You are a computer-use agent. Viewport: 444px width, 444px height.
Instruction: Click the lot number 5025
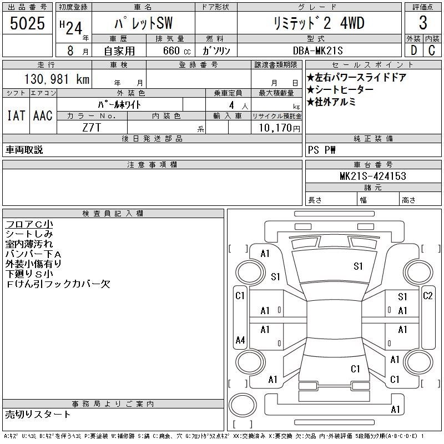tap(27, 23)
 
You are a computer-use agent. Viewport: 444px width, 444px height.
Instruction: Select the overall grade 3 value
tap(423, 23)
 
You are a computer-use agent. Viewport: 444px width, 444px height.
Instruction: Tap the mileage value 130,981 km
tap(57, 79)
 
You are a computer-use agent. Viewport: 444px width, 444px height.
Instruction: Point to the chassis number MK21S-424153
tap(373, 176)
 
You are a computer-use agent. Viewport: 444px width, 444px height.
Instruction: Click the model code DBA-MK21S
tap(317, 51)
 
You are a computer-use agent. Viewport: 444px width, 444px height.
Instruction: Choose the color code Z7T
tap(92, 128)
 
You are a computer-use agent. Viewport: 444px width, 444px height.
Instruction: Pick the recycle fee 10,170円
tap(280, 128)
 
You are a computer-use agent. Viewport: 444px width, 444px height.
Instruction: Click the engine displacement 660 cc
tap(176, 51)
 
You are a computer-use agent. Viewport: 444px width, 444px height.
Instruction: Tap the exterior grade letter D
tap(413, 51)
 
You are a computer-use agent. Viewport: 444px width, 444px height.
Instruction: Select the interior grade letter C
tap(432, 51)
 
